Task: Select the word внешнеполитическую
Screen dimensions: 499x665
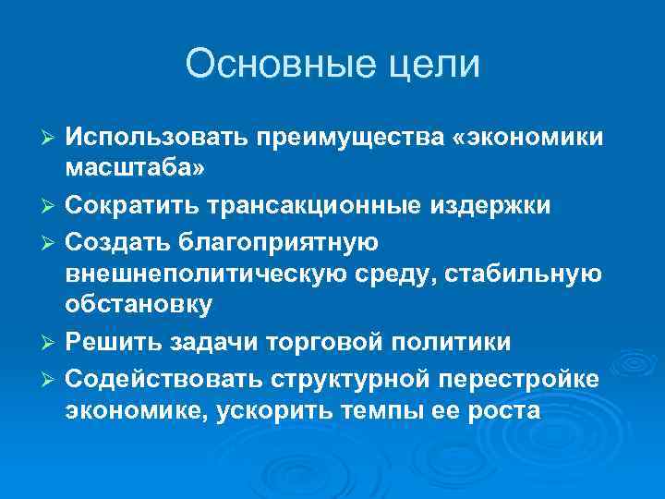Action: (x=209, y=274)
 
